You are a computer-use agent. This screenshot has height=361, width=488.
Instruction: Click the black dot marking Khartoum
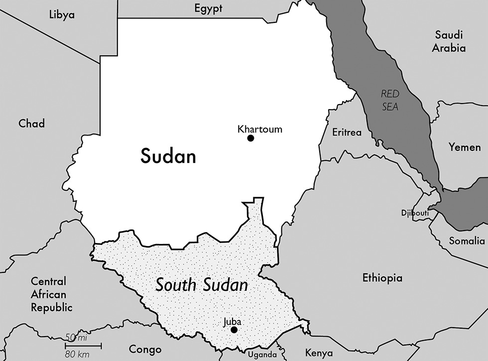coord(250,138)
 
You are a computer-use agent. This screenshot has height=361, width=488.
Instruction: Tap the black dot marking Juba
coord(234,330)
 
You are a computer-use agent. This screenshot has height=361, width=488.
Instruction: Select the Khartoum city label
coord(260,129)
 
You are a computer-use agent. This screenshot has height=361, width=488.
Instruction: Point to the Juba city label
coord(232,321)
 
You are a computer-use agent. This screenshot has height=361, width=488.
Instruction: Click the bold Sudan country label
coord(168,156)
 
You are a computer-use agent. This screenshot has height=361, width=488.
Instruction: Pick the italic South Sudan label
coord(201,285)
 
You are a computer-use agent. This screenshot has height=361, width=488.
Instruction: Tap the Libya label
coord(62,14)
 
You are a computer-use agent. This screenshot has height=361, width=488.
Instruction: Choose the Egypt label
coord(208,8)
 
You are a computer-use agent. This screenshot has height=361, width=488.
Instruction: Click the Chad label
coord(31,123)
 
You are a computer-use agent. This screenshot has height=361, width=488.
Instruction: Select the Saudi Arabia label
coord(449,41)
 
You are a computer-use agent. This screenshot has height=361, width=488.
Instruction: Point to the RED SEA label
coord(390,100)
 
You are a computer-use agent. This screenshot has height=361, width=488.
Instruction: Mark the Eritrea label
coord(347,132)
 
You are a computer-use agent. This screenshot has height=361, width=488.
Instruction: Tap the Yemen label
coord(464,147)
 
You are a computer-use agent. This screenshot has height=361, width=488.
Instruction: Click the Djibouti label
coord(415,213)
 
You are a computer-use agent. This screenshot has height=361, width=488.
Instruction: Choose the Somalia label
coord(466,241)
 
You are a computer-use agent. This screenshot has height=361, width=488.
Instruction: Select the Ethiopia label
coord(382,278)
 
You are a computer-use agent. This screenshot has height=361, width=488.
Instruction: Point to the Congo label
coord(145,349)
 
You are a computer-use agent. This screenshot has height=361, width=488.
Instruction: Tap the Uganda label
coord(262,355)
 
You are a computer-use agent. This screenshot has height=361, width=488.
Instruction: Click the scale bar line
coord(83,345)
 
